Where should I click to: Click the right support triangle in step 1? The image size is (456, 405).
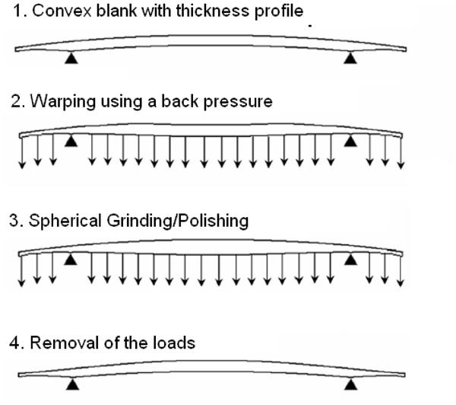point(350,57)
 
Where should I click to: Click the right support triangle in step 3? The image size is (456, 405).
point(350,260)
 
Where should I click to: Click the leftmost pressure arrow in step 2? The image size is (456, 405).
point(23,151)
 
